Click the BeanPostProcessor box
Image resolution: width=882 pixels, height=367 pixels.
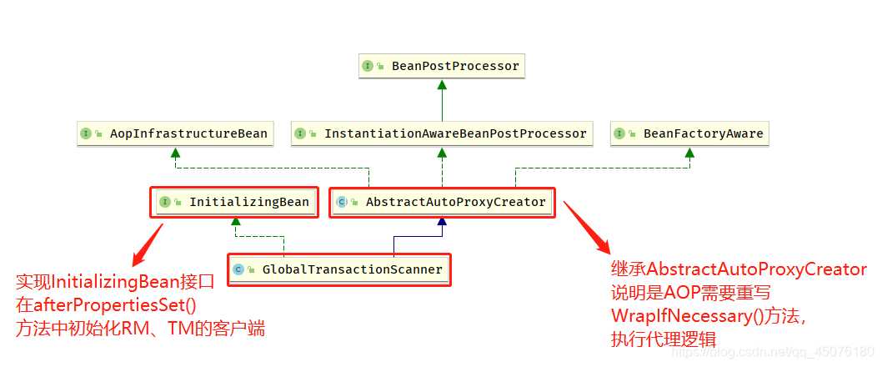[442, 66]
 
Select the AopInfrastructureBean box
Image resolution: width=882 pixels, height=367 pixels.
[174, 133]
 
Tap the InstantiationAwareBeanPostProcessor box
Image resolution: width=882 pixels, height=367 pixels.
[442, 133]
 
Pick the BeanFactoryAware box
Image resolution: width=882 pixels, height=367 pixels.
[689, 133]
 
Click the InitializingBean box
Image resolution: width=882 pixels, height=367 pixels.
[234, 202]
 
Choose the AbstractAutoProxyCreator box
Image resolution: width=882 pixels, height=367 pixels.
[442, 202]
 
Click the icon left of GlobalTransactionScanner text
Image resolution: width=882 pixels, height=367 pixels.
[238, 269]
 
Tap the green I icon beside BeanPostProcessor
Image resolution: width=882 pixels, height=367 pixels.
[368, 66]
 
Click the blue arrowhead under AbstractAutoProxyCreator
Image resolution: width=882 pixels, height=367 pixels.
[442, 221]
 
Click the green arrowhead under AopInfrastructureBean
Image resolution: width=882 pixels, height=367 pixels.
[174, 152]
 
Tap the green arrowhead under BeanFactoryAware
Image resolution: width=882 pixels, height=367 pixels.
[689, 152]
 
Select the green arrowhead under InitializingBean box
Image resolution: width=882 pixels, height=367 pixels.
[236, 221]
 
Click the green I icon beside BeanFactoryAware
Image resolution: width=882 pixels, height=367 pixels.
[619, 133]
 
